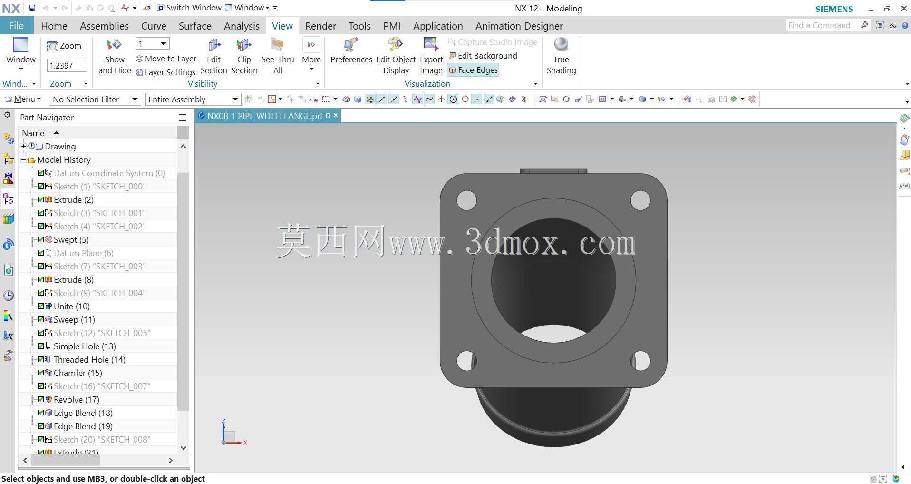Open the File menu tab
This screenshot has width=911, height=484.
(x=16, y=26)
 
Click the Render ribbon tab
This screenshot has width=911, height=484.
(x=320, y=26)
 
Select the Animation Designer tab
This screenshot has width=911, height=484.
(x=519, y=26)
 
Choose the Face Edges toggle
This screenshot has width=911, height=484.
(x=474, y=70)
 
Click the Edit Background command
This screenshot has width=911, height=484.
(x=483, y=56)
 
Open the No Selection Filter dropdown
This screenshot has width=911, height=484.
(x=95, y=99)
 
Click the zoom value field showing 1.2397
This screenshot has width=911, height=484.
(x=67, y=65)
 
